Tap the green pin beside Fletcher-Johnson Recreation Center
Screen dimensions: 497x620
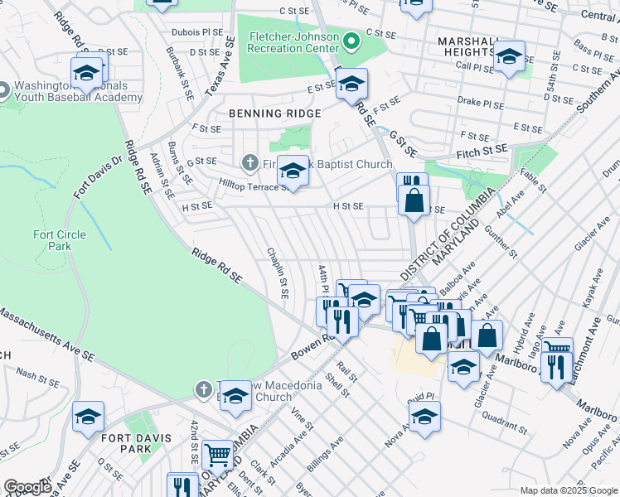tap(351, 40)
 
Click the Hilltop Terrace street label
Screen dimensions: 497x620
tap(249, 186)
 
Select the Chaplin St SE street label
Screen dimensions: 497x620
tap(277, 273)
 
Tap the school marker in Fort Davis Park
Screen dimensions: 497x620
tap(88, 418)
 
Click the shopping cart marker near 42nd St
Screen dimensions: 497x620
tap(217, 454)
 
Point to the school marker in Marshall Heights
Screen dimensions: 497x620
tap(509, 57)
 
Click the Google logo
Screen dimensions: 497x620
tap(27, 487)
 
